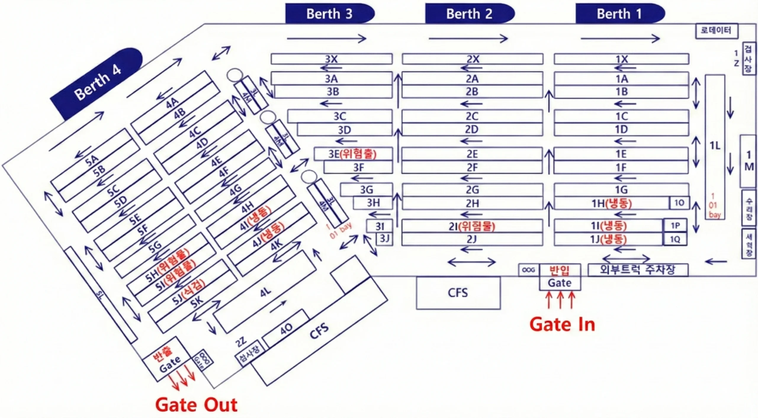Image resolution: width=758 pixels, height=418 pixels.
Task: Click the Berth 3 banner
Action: [x=329, y=14]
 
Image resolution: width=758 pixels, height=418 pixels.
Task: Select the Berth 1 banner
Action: [x=619, y=14]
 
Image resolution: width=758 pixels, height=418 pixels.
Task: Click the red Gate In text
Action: [x=562, y=324]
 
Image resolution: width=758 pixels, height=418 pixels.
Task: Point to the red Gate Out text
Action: [x=196, y=405]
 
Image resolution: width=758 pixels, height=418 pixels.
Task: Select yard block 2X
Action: [x=473, y=59]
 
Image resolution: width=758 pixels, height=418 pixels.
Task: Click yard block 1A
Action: [x=622, y=79]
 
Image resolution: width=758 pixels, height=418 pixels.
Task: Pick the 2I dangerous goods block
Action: [x=472, y=226]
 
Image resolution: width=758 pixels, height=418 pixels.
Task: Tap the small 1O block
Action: [x=679, y=203]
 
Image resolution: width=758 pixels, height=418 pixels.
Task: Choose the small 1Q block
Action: [x=675, y=239]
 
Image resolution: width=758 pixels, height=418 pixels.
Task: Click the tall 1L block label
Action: [x=715, y=146]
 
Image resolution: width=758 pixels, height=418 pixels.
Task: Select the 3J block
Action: [x=384, y=239]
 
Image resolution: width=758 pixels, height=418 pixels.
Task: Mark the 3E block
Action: [x=352, y=154]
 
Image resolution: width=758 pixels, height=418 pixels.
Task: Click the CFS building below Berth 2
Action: [x=458, y=293]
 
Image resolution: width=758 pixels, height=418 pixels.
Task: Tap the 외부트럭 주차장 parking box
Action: [x=638, y=270]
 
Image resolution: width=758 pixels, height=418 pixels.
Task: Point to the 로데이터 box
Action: [x=716, y=30]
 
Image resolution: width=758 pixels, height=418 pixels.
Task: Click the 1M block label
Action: [x=749, y=161]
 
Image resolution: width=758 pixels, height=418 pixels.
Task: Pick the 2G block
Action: [x=472, y=190]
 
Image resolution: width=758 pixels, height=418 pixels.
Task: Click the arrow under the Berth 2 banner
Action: [x=468, y=38]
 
